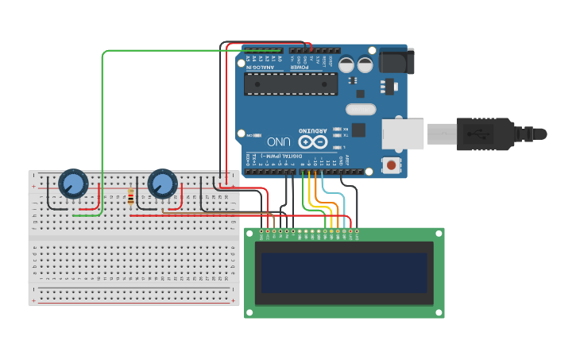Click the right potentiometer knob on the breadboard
click(162, 184)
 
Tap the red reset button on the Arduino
click(391, 165)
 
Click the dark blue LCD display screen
click(343, 273)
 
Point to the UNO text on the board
click(278, 141)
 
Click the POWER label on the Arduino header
click(298, 67)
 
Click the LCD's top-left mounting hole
click(250, 234)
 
